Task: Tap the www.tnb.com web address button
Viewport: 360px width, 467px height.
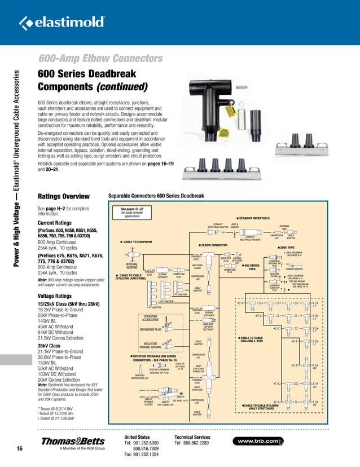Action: coord(261,440)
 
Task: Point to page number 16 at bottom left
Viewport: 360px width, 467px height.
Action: coord(19,449)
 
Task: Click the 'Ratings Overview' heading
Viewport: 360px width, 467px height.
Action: coord(63,196)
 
